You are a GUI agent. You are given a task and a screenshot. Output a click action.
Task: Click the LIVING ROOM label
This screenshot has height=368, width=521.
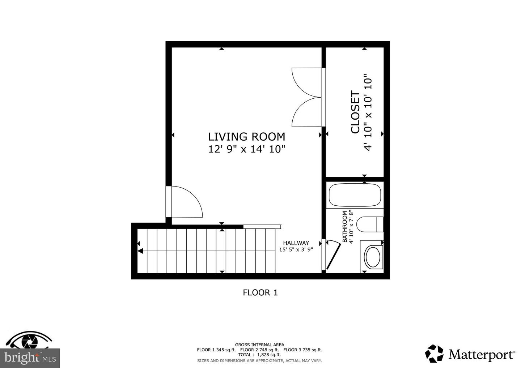[246, 137]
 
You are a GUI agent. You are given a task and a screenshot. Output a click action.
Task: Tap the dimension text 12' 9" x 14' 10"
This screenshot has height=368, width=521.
[246, 149]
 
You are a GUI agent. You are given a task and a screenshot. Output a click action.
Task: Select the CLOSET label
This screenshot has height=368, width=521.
[355, 113]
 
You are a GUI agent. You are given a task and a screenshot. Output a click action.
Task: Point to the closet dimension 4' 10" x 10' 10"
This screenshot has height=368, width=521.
[368, 113]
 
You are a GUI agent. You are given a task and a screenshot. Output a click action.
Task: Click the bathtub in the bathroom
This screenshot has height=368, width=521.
[355, 195]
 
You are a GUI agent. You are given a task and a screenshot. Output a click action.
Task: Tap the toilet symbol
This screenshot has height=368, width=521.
[369, 224]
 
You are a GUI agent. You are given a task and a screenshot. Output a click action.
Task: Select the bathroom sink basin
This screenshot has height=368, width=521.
[372, 256]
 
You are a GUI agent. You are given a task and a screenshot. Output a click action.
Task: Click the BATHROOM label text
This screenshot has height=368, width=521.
[345, 227]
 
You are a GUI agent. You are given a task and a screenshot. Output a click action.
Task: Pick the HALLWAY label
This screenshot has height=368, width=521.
[296, 243]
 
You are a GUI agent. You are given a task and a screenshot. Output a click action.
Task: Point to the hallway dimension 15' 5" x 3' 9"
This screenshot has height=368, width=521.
[296, 249]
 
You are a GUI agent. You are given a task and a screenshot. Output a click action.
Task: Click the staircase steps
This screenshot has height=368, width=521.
[206, 251]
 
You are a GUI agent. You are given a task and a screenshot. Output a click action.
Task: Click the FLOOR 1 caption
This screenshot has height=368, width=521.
[260, 292]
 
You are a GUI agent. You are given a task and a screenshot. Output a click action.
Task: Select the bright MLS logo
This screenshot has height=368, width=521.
[30, 358]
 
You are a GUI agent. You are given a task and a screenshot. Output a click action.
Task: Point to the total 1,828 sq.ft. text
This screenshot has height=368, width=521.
[259, 355]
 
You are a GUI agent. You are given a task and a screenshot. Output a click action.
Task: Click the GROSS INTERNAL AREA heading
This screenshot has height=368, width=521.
[259, 345]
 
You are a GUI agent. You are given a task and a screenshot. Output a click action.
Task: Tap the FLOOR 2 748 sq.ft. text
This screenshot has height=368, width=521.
[259, 350]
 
